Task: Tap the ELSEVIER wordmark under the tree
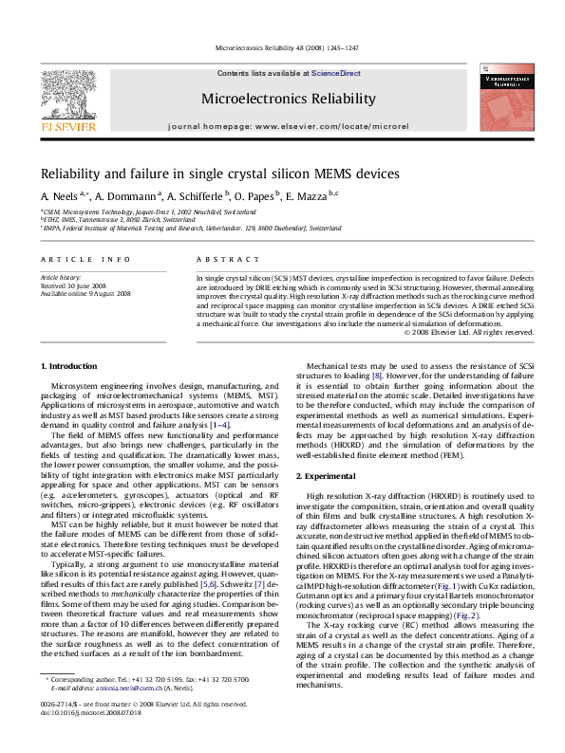[x=65, y=123]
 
